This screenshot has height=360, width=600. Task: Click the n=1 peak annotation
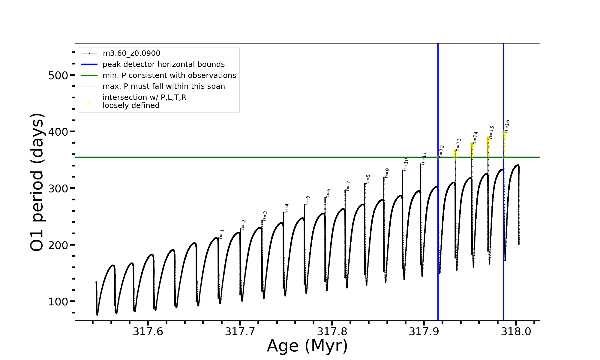pyautogui.click(x=221, y=234)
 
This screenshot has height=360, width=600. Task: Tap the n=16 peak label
pyautogui.click(x=507, y=126)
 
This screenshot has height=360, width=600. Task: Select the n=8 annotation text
pyautogui.click(x=368, y=179)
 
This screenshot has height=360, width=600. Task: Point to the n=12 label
pyautogui.click(x=441, y=151)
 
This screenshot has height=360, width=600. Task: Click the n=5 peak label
pyautogui.click(x=307, y=200)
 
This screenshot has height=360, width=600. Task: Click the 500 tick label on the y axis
pyautogui.click(x=58, y=75)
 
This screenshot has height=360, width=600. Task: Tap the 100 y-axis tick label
pyautogui.click(x=58, y=301)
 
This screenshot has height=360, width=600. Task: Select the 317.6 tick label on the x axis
pyautogui.click(x=148, y=331)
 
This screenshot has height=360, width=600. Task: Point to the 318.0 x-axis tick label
pyautogui.click(x=516, y=331)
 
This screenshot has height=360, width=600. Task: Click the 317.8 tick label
pyautogui.click(x=332, y=331)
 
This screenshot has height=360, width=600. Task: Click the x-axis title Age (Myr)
pyautogui.click(x=307, y=346)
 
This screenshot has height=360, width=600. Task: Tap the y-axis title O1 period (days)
pyautogui.click(x=37, y=182)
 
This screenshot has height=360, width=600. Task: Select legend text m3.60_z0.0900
pyautogui.click(x=131, y=53)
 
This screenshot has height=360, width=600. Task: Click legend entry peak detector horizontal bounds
pyautogui.click(x=163, y=64)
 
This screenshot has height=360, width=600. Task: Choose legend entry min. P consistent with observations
pyautogui.click(x=169, y=75)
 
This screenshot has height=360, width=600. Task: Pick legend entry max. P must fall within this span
pyautogui.click(x=163, y=86)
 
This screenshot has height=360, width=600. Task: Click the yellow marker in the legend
pyautogui.click(x=89, y=102)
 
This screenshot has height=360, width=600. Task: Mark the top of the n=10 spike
pyautogui.click(x=402, y=170)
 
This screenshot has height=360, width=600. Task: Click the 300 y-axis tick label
pyautogui.click(x=58, y=188)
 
